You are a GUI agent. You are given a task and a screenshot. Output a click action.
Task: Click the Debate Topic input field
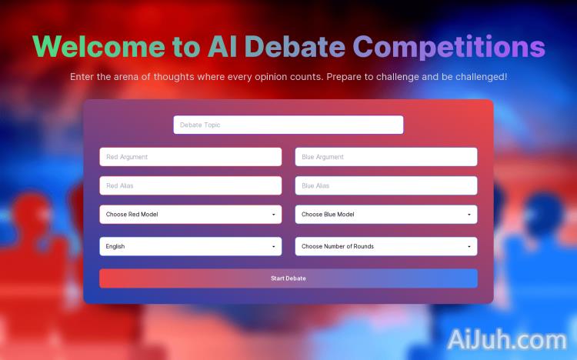[288, 125]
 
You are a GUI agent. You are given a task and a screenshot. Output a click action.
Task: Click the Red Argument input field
[190, 157]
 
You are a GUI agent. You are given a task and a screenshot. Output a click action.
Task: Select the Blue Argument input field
[385, 157]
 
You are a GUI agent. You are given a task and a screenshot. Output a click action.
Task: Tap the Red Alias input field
[190, 185]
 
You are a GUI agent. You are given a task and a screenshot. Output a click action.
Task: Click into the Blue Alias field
[385, 185]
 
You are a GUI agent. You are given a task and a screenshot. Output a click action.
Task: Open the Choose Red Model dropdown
[190, 215]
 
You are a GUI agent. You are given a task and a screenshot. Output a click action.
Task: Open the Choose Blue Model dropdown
[385, 215]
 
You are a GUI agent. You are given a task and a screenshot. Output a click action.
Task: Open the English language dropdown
[190, 246]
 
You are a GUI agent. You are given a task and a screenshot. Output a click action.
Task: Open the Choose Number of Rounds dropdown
[385, 246]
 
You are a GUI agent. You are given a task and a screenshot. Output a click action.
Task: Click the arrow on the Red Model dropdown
[274, 215]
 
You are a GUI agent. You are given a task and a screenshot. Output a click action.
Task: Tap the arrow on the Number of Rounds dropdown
[469, 247]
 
